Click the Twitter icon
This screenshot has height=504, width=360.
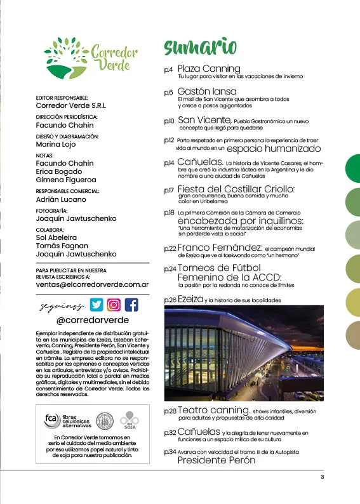click(x=95, y=305)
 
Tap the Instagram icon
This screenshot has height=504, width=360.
click(x=114, y=305)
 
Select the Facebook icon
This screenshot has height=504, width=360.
click(x=131, y=305)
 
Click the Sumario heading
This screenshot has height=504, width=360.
click(x=201, y=48)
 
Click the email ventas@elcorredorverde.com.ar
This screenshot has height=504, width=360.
click(x=93, y=284)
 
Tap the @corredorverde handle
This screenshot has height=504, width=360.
click(x=93, y=321)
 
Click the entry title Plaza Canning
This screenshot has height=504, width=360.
click(x=208, y=68)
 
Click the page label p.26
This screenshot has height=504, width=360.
click(x=170, y=299)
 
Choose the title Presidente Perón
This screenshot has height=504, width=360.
click(x=216, y=460)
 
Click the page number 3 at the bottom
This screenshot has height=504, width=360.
click(x=322, y=477)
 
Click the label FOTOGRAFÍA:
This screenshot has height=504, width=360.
click(x=52, y=211)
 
